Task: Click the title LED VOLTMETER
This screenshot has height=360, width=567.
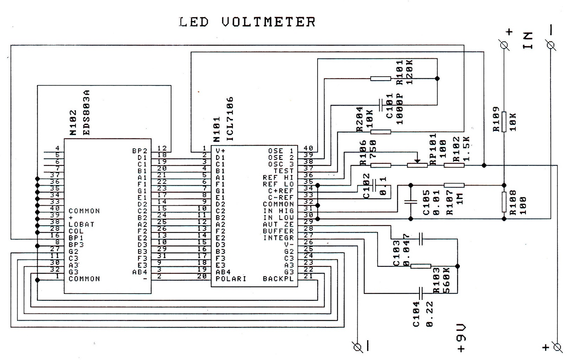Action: click(247, 22)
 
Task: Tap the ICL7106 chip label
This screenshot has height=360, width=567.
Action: click(230, 119)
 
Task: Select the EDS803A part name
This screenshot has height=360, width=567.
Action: click(86, 112)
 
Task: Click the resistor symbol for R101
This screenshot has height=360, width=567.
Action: click(380, 78)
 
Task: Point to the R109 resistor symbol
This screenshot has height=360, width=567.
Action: click(504, 122)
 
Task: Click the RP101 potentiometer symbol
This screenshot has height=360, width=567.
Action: click(417, 165)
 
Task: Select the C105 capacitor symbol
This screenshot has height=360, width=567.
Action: click(410, 202)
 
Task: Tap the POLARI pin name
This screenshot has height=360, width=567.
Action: click(231, 278)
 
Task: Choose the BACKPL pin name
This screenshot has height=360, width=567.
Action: click(278, 279)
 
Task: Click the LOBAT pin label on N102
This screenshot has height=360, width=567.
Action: click(81, 224)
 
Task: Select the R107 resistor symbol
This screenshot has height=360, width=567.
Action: click(454, 185)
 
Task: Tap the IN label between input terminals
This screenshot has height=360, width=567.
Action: click(528, 40)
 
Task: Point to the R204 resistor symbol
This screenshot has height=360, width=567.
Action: click(380, 132)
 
